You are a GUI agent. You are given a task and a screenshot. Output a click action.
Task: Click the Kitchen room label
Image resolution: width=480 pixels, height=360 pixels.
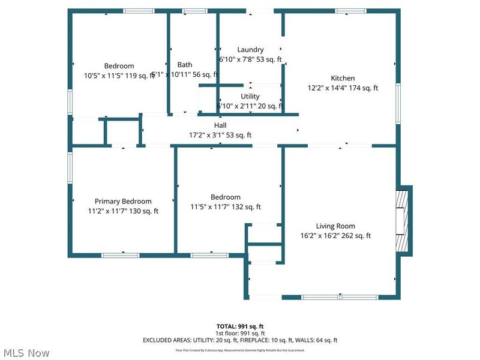343,78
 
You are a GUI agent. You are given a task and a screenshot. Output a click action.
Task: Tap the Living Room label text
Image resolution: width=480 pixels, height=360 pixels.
335,226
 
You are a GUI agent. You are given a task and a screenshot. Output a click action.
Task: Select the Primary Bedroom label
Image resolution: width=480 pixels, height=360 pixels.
123,202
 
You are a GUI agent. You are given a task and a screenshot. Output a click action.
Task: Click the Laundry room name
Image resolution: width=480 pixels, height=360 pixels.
250,50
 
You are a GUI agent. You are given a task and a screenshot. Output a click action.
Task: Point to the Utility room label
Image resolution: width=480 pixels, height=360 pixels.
250,96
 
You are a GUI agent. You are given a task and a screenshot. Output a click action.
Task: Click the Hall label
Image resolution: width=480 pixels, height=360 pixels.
220,125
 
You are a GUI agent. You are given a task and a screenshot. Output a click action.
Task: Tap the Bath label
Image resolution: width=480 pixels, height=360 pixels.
185,65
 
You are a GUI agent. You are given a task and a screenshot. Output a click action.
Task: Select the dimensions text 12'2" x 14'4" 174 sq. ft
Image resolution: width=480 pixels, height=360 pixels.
343,88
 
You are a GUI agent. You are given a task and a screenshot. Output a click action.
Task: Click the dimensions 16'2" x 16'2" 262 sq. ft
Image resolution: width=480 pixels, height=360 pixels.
335,236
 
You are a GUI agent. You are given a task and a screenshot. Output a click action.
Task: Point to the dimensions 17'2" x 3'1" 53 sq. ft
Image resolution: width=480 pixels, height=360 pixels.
220,135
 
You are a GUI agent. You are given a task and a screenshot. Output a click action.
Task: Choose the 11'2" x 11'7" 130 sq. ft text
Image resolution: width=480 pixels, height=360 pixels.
123,211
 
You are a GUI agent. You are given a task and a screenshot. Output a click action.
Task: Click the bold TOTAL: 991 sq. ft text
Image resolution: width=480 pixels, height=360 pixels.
240,326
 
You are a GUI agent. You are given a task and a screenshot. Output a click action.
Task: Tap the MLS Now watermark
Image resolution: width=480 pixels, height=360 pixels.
26,353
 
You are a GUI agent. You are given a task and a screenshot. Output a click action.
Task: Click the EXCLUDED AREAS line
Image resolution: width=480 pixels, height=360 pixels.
240,340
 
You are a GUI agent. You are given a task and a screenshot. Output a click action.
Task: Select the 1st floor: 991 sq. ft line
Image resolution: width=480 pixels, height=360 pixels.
240,333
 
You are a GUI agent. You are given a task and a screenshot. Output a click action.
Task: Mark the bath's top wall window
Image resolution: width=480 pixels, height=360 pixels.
194,11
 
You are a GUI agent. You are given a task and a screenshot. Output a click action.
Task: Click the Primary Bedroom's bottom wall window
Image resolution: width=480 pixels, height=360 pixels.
121,256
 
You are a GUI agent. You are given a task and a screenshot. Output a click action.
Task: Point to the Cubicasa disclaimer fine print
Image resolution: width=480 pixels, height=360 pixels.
240,350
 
